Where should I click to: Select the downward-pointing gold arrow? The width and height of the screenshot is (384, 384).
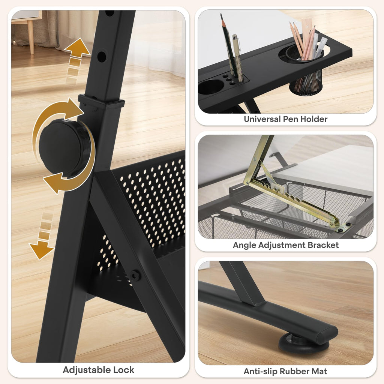[41, 249]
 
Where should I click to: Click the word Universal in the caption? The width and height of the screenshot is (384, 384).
[262, 119]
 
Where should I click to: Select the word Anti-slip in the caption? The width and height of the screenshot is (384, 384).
[260, 371]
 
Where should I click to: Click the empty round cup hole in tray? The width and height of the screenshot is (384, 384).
[211, 87]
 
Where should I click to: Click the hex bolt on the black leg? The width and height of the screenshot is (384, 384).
[135, 276]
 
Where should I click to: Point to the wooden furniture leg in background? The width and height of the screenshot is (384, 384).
[31, 37]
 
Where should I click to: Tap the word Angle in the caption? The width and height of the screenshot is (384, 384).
[244, 245]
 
